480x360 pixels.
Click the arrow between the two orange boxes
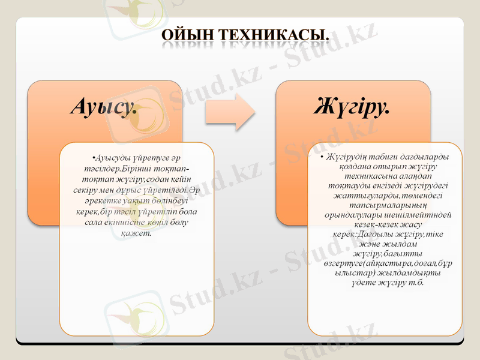(x=229, y=112)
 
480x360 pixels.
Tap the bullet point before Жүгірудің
(x=322, y=157)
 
